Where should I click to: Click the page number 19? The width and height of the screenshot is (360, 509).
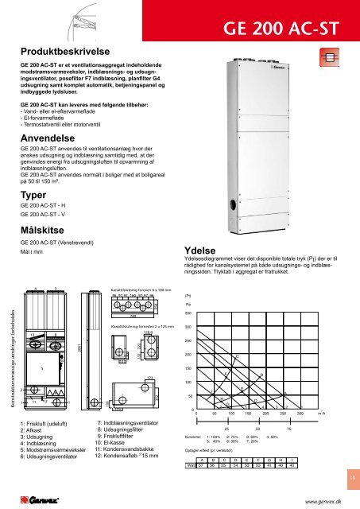[x=350, y=477]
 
